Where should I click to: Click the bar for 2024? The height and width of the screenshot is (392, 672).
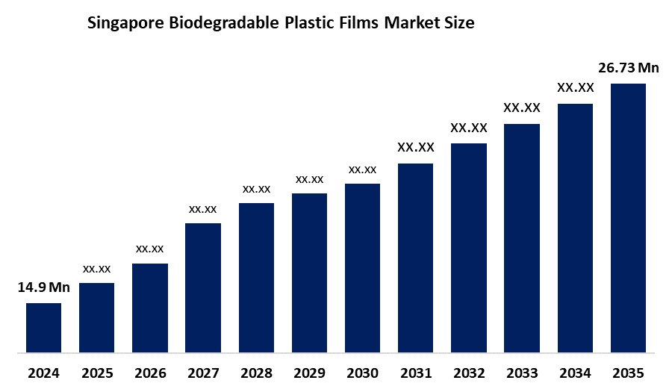[x=43, y=327]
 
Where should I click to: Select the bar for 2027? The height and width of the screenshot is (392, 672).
[x=203, y=287]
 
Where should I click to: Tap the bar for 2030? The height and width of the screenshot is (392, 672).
[x=362, y=267]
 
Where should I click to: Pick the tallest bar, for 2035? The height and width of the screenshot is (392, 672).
[x=628, y=217]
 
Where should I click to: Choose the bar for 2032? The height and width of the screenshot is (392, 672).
[x=469, y=247]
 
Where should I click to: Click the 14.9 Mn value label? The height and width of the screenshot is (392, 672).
[x=43, y=287]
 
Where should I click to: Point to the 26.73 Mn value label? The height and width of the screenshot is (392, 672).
[x=628, y=68]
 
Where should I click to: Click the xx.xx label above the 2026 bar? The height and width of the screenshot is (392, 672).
[x=149, y=249]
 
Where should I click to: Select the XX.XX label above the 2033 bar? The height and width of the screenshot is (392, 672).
[x=522, y=108]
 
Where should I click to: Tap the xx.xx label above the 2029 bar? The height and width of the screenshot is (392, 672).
[x=309, y=179]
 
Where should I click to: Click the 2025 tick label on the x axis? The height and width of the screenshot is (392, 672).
[x=96, y=373]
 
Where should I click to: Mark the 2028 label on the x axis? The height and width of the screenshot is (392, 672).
[x=256, y=373]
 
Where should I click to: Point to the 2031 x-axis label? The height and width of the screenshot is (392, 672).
[x=415, y=373]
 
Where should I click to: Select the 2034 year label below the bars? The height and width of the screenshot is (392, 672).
[x=575, y=373]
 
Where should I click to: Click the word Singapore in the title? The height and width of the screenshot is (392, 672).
[x=124, y=24]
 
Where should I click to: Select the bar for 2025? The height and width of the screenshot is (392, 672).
[x=96, y=317]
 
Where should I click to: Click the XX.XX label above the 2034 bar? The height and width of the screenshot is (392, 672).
[x=575, y=88]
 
